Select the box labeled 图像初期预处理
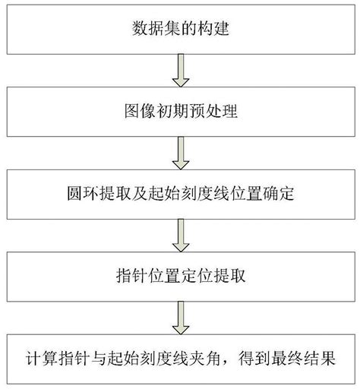(180, 113)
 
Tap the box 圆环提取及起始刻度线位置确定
(180, 194)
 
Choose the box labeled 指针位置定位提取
(180, 276)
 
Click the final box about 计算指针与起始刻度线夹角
(180, 357)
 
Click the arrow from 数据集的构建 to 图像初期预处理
(181, 73)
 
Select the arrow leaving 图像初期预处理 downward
(181, 154)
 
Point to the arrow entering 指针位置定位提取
(181, 236)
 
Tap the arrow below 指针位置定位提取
(181, 317)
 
